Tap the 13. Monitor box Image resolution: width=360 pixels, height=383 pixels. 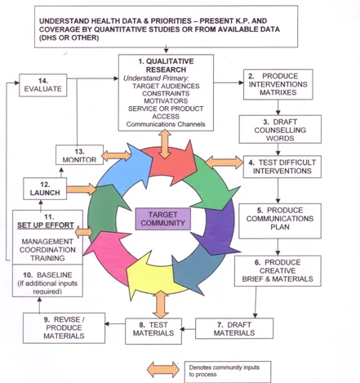(x=78, y=154)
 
